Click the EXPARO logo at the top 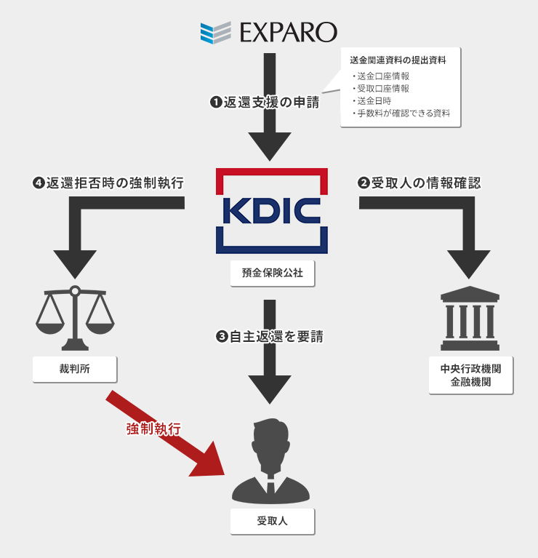tap(269, 32)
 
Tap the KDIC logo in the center tap(272, 210)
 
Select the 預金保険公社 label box tap(272, 274)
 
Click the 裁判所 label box tap(75, 369)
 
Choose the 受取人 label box tap(272, 521)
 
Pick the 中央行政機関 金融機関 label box tap(470, 375)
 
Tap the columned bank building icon tap(470, 319)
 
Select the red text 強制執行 tap(153, 429)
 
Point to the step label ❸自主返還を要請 tap(270, 337)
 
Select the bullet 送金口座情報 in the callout tap(382, 76)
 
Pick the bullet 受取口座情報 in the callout tap(382, 88)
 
